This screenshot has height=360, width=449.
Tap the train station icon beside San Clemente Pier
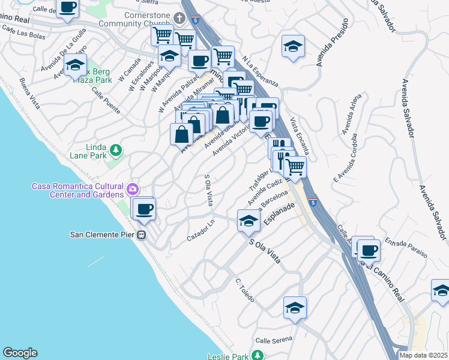tap(142, 235)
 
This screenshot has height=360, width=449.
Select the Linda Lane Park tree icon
tap(116, 150)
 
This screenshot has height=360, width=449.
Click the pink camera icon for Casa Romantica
tap(133, 190)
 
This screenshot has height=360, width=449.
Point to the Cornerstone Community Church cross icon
tap(179, 16)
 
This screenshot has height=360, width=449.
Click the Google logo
tap(20, 353)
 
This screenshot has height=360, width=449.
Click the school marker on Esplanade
tap(249, 221)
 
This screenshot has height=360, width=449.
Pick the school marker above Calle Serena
tap(295, 308)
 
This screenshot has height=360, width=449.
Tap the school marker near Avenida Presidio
tap(292, 46)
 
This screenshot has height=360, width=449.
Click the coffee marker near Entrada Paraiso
tap(368, 250)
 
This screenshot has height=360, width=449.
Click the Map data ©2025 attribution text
tap(423, 355)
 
